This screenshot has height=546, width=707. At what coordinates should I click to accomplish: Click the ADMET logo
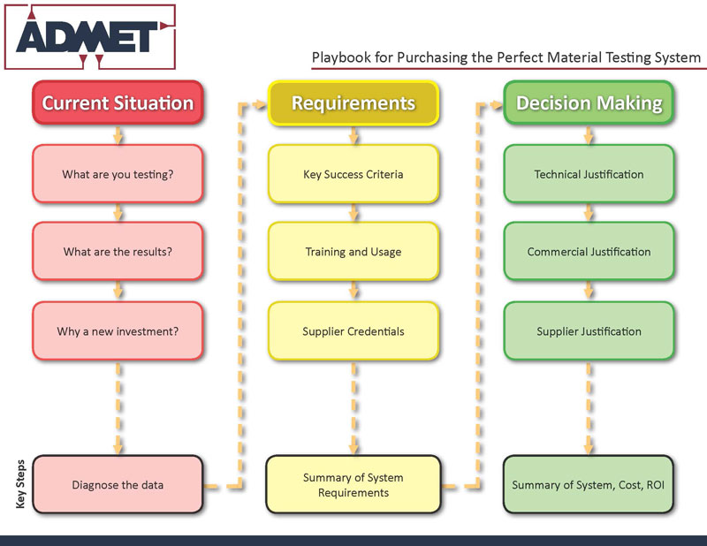(x=89, y=36)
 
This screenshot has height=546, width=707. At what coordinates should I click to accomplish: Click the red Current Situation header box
(x=118, y=102)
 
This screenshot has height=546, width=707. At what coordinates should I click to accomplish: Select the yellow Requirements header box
(x=353, y=102)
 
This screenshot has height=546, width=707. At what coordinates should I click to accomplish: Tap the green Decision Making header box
(x=589, y=102)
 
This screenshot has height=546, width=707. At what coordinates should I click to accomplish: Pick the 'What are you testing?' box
(x=118, y=174)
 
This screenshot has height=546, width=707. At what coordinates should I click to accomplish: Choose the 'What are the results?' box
(x=118, y=252)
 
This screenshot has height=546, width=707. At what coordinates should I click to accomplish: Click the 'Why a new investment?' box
(x=118, y=331)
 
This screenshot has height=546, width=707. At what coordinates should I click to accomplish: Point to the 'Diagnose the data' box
(x=118, y=484)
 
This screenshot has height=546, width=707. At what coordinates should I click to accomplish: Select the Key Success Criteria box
(x=353, y=174)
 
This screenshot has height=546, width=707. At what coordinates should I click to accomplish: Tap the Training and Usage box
(x=353, y=252)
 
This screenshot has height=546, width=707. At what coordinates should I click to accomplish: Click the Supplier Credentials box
(x=353, y=331)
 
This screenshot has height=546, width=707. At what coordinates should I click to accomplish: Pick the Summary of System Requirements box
(x=353, y=484)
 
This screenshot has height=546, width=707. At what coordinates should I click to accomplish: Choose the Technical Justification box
(x=589, y=174)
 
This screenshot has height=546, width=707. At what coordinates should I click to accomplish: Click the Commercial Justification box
(x=589, y=252)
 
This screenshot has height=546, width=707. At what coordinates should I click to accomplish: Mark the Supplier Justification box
(x=589, y=331)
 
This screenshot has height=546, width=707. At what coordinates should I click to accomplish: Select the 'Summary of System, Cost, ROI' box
(x=589, y=484)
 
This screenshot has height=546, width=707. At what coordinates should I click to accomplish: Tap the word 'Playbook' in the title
(x=339, y=57)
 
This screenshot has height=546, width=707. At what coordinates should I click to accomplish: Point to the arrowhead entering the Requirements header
(x=260, y=104)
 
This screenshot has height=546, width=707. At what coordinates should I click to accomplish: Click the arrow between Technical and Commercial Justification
(x=589, y=213)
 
